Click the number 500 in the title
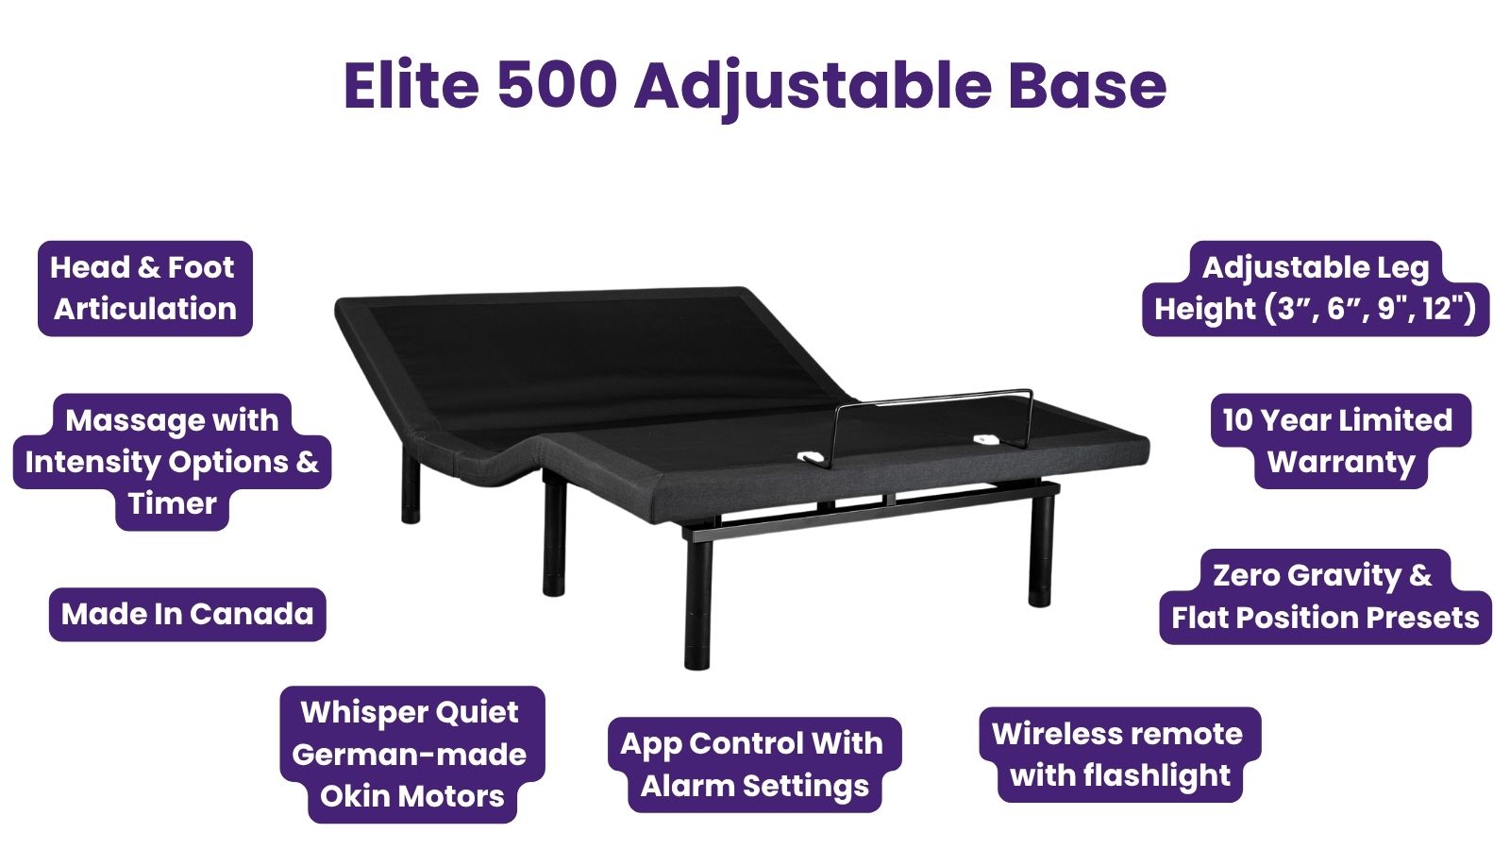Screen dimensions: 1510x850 click(558, 85)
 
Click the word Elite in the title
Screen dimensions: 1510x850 click(411, 85)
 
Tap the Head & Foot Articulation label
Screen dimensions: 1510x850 click(145, 288)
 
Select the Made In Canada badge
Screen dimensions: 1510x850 click(188, 614)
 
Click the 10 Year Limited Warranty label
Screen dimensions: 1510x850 click(1340, 440)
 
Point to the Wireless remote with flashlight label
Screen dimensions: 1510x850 click(1119, 755)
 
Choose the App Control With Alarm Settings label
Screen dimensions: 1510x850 click(754, 764)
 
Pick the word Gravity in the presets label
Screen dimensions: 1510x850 click(1336, 575)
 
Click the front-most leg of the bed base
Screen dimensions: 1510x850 click(697, 602)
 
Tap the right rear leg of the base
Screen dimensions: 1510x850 click(1041, 548)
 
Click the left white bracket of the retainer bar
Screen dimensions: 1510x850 click(811, 457)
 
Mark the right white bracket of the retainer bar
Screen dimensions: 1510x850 click(986, 440)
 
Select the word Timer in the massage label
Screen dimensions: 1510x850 click(173, 504)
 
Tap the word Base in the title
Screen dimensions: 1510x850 click(1087, 85)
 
